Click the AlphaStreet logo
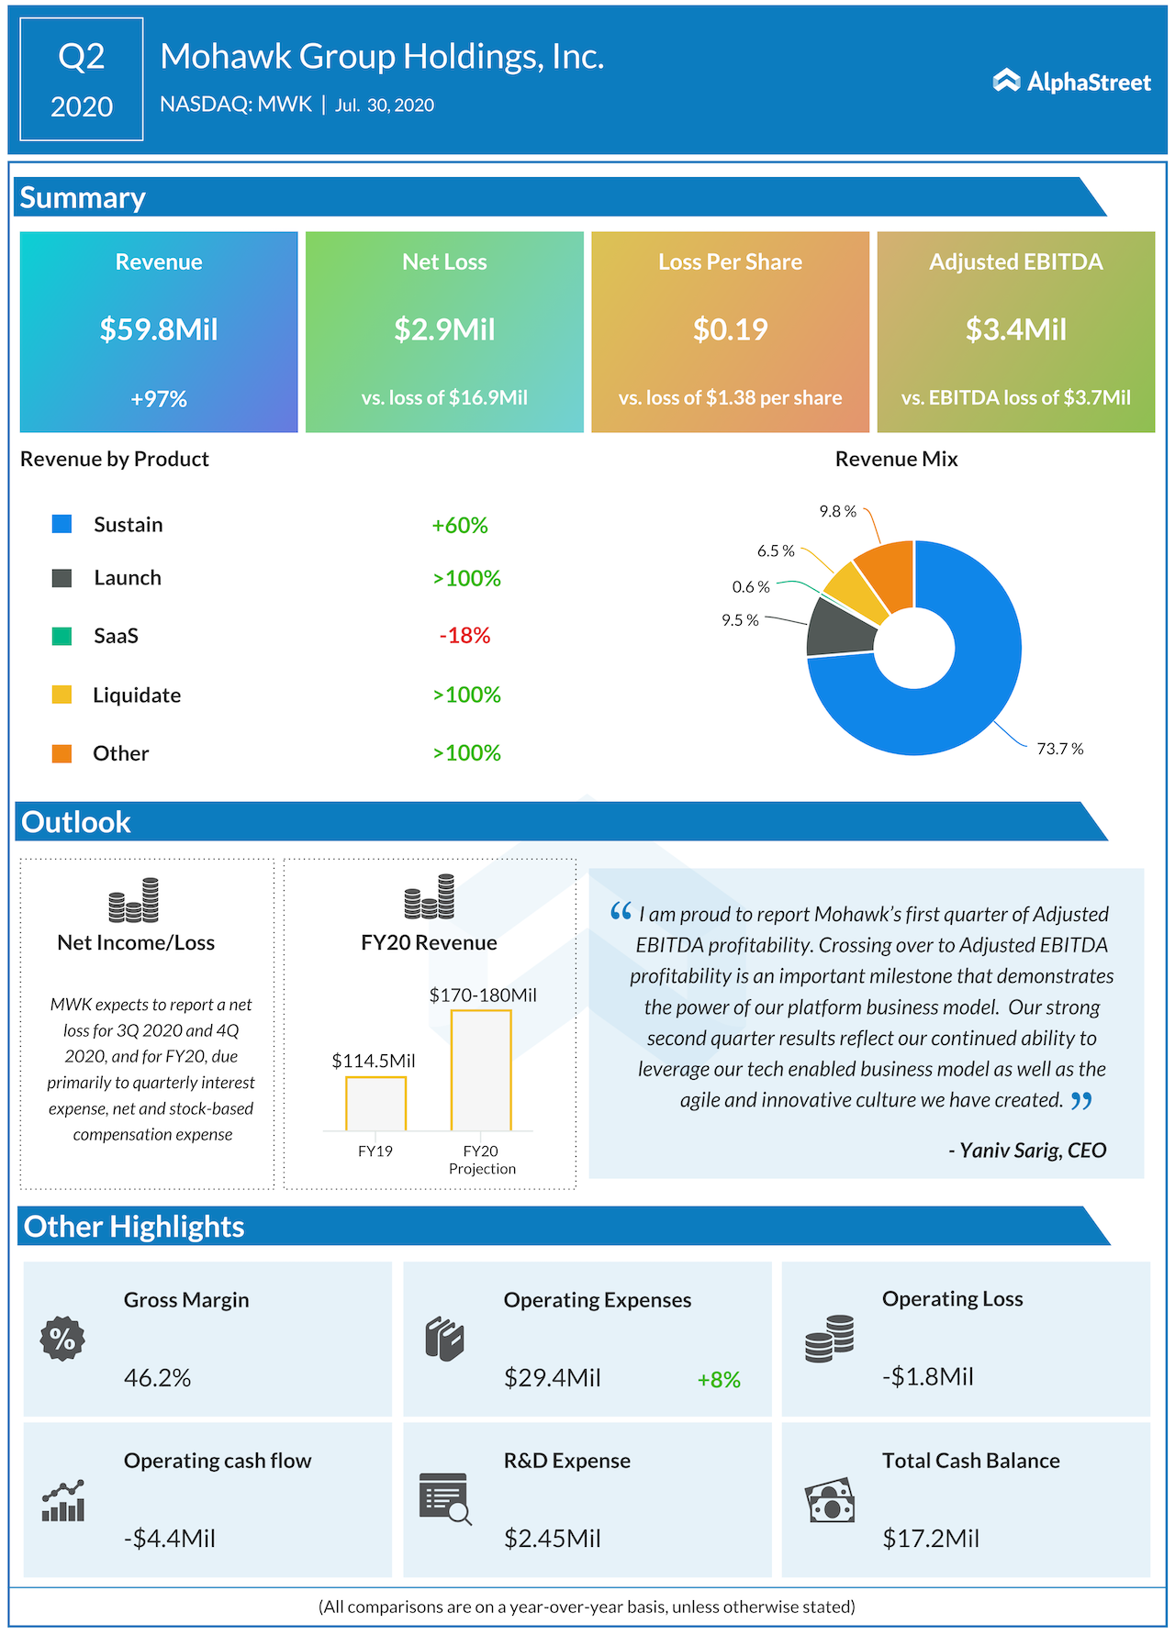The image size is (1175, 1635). click(1071, 82)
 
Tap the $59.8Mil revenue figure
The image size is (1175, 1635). click(159, 329)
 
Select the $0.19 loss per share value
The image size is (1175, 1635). click(730, 329)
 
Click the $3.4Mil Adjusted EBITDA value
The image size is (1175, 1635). click(1015, 329)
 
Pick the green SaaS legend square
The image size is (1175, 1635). click(62, 636)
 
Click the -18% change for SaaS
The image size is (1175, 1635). click(464, 636)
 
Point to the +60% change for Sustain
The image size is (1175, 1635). click(460, 526)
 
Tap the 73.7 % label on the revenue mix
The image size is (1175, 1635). click(1060, 749)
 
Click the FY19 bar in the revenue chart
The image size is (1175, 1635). click(375, 1103)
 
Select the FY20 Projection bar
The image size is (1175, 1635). click(481, 1070)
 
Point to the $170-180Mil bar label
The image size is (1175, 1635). click(483, 995)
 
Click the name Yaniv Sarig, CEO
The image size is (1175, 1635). click(1027, 1151)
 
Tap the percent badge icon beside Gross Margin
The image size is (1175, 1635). click(62, 1339)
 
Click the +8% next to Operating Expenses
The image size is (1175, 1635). click(719, 1380)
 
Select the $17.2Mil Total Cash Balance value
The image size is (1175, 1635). click(931, 1539)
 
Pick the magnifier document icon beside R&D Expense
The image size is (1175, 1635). click(445, 1498)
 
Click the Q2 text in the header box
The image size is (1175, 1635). click(82, 57)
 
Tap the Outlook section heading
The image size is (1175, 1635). click(76, 822)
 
